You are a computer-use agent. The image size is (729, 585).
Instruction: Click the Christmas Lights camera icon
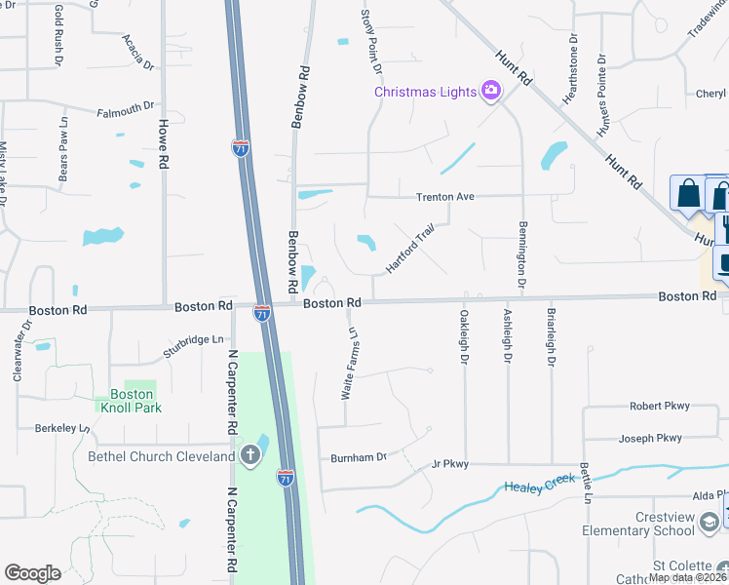[491, 92]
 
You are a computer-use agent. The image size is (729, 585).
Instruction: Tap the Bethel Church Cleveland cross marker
[250, 455]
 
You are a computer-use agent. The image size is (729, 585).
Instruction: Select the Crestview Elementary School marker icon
[709, 524]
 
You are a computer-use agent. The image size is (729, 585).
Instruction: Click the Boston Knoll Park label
[129, 401]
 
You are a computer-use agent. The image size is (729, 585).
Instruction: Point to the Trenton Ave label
[444, 197]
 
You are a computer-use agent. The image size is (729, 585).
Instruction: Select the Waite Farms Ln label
[349, 363]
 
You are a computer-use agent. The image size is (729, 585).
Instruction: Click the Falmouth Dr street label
[127, 109]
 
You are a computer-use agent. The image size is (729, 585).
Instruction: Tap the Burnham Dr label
[359, 456]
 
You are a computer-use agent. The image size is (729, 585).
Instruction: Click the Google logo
[32, 573]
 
